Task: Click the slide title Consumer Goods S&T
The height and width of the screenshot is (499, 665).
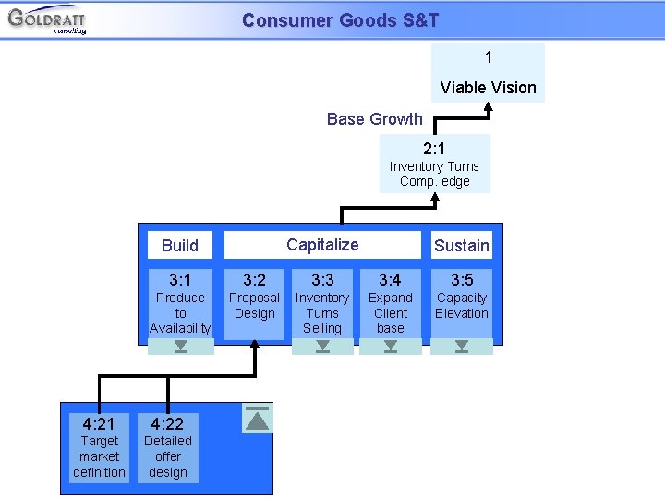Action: [340, 20]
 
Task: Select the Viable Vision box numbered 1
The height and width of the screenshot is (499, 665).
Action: [488, 73]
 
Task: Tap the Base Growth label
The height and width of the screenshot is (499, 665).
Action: [374, 119]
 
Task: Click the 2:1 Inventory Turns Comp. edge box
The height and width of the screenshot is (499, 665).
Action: [434, 164]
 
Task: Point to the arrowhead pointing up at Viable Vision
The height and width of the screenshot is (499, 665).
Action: [489, 107]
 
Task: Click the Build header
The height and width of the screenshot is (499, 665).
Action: [180, 245]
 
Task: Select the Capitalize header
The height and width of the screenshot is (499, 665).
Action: [322, 245]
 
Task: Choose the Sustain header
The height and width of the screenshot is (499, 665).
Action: [461, 245]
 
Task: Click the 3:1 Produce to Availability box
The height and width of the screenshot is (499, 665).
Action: [180, 303]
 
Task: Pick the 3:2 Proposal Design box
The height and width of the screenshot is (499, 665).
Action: [254, 303]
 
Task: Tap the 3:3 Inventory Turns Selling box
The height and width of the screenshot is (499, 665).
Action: [322, 303]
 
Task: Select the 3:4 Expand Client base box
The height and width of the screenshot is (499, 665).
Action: [390, 303]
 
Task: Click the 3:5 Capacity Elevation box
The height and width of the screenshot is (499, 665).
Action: [461, 303]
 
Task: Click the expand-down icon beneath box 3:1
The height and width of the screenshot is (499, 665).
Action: [180, 347]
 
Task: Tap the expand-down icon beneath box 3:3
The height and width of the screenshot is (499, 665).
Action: [322, 347]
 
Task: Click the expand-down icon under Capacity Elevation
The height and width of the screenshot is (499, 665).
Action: [461, 347]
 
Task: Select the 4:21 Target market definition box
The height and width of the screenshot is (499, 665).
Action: [99, 447]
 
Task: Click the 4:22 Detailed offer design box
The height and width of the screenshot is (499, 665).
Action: [167, 447]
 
